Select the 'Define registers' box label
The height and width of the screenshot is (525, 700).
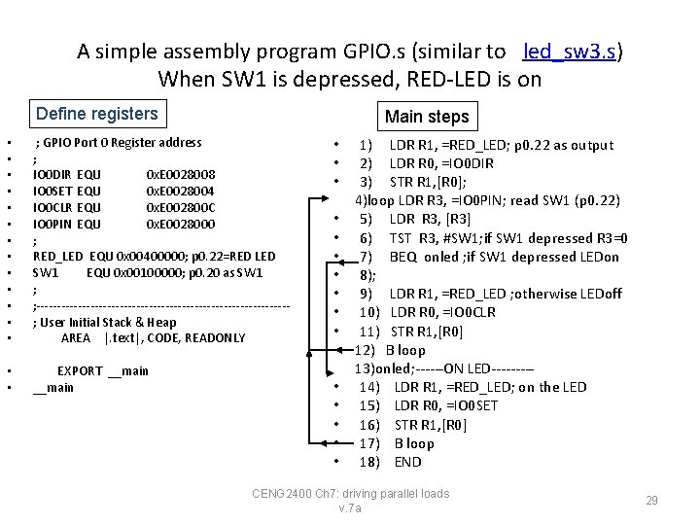coord(96,114)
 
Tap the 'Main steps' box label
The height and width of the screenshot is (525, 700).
coord(427,117)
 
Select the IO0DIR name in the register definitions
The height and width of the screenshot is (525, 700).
coord(52,175)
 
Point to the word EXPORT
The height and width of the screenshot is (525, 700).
coord(80,371)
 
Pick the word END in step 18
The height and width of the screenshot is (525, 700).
coord(408,462)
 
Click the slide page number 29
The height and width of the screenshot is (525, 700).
coord(652,501)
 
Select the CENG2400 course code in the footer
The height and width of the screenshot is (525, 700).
coord(282,494)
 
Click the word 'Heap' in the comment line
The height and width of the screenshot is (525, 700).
coord(162,322)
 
